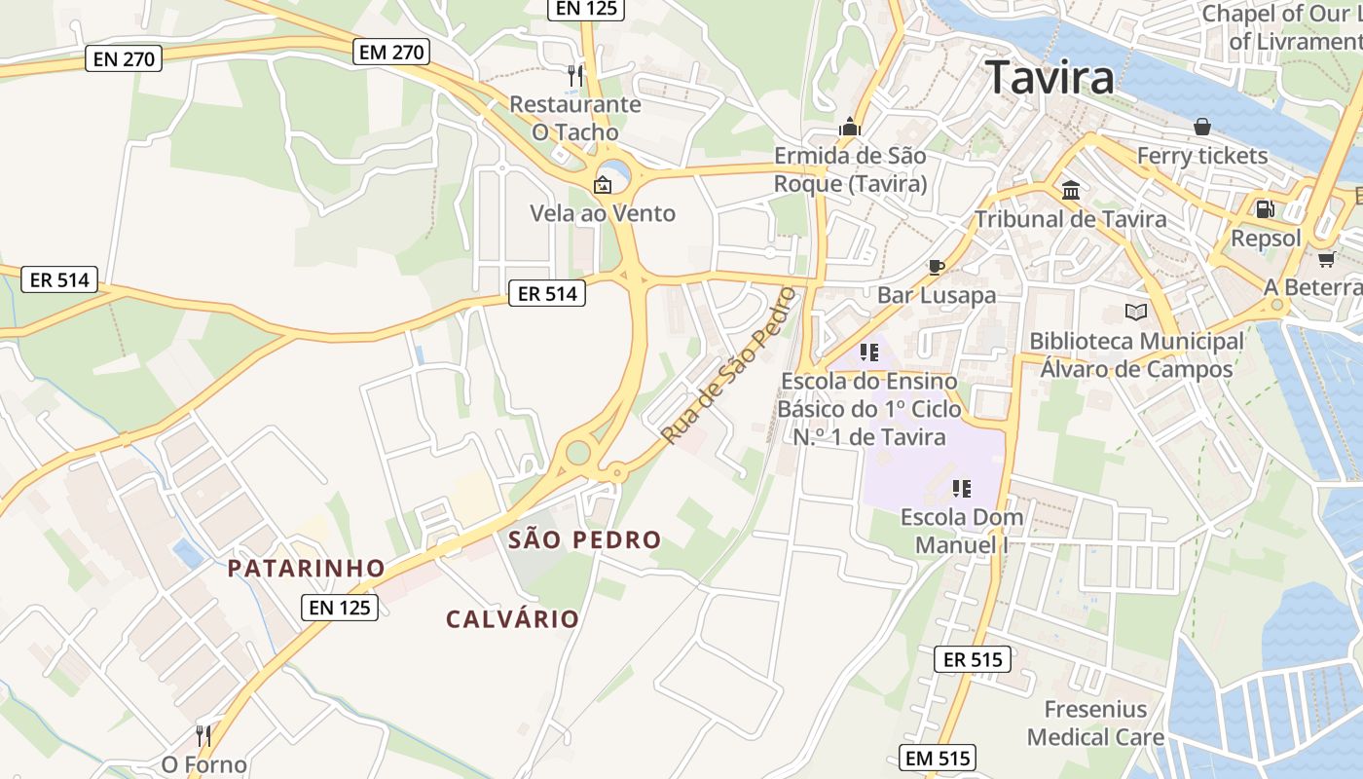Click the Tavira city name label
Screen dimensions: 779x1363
[1050, 77]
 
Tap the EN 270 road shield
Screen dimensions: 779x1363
[124, 58]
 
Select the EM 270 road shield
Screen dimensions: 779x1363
[392, 52]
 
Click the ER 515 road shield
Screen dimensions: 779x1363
[973, 659]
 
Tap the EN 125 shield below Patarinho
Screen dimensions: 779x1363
[339, 608]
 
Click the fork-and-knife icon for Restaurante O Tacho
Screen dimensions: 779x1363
[575, 75]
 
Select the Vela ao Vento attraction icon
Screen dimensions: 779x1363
[603, 184]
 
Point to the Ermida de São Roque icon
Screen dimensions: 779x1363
[850, 127]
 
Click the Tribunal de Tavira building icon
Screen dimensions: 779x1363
[1071, 190]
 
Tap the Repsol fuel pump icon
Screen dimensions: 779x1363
[1265, 208]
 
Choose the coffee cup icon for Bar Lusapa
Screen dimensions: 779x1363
[937, 266]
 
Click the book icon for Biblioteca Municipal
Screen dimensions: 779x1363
[1135, 312]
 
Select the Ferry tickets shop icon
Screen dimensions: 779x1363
[1202, 127]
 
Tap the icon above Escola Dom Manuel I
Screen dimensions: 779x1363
[962, 488]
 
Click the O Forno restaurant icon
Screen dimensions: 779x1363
[203, 735]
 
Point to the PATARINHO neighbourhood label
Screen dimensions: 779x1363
[307, 568]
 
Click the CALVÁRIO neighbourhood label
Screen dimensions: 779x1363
[513, 618]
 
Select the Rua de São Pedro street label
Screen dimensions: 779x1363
[728, 366]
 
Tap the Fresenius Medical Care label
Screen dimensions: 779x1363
[1095, 723]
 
